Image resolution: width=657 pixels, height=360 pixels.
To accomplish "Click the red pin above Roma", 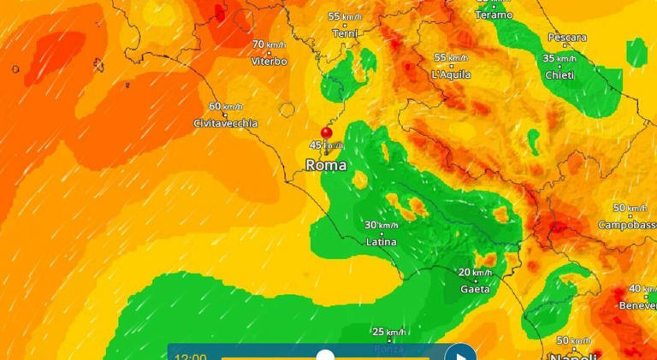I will [326, 133].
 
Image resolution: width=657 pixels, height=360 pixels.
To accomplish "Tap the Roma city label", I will [326, 165].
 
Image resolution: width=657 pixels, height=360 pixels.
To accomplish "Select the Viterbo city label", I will [269, 61].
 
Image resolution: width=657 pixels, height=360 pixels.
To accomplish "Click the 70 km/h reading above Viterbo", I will [269, 44].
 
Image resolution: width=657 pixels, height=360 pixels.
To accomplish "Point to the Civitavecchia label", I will [226, 123].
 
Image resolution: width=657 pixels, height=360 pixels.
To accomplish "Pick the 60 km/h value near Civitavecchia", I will [226, 107].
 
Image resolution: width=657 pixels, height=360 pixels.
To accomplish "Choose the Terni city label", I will [345, 32].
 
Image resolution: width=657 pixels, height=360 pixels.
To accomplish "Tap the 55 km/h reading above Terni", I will [345, 16].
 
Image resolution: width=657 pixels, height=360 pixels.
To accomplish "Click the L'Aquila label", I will [451, 74].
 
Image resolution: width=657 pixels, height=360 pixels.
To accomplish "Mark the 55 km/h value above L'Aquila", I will [451, 57].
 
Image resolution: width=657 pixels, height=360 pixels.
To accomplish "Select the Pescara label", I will [567, 38].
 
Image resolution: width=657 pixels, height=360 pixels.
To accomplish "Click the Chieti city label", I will [559, 74].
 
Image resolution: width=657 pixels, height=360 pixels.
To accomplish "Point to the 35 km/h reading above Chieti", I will [559, 58].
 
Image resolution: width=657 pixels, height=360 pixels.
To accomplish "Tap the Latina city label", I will [382, 242].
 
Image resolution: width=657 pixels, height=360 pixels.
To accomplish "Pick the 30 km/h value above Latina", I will [382, 225].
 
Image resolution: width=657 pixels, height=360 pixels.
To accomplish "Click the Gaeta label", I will [476, 289].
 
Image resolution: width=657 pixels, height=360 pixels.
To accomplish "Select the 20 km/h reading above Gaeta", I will [476, 273].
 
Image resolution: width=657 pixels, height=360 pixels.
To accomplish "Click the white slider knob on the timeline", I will [325, 355].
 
